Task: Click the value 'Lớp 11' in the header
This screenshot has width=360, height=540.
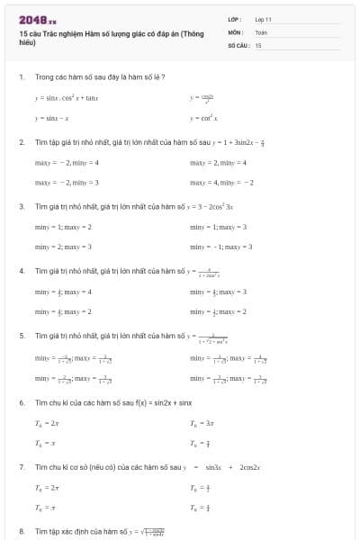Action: tap(263, 19)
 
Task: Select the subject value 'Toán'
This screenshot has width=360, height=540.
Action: tap(261, 31)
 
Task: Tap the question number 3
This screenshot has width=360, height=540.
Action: tap(21, 207)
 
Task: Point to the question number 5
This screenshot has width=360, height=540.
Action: tap(21, 336)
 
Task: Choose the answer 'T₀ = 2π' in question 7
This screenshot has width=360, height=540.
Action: tap(47, 487)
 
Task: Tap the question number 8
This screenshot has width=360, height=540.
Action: tap(21, 532)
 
